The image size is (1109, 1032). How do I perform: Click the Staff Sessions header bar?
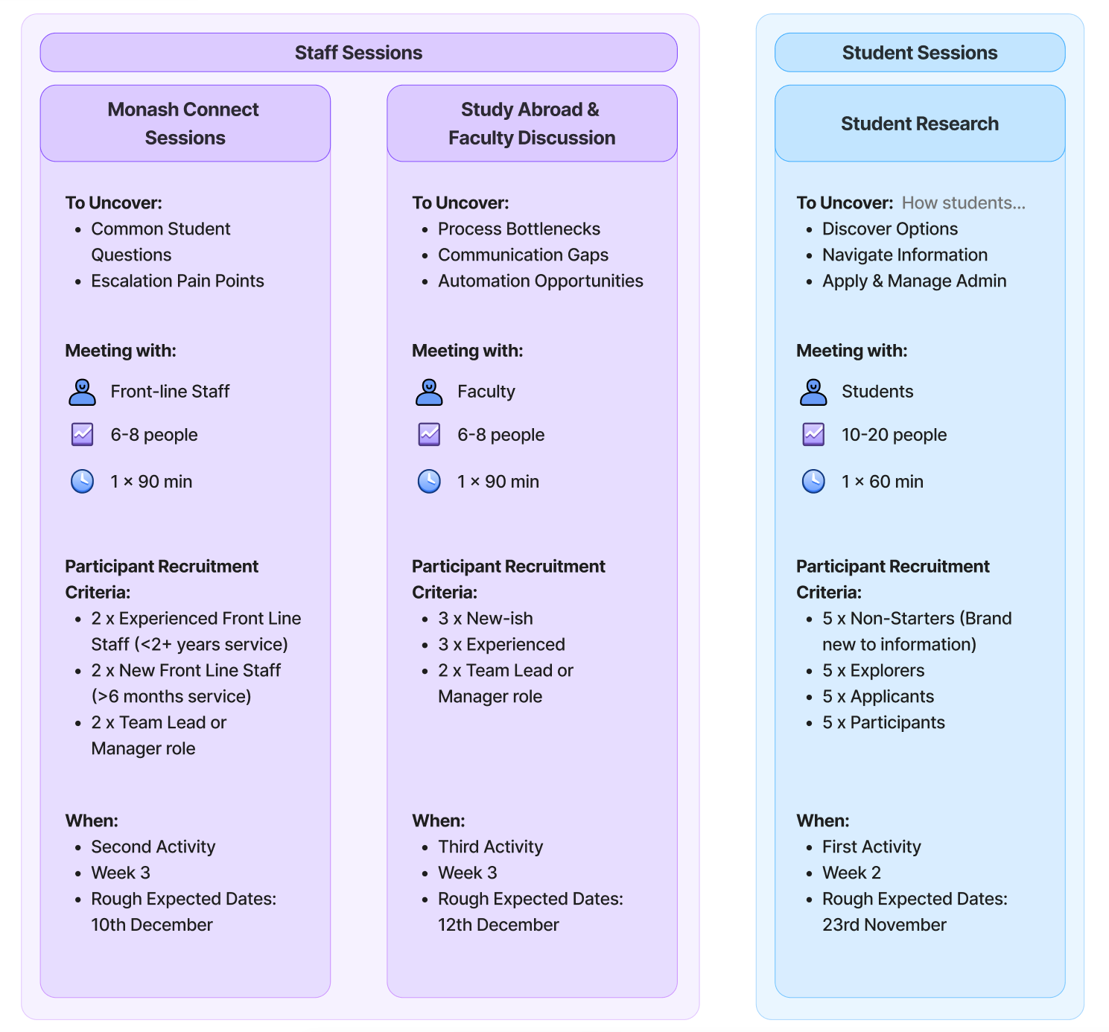coord(358,53)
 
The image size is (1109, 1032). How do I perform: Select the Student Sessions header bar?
coord(920,53)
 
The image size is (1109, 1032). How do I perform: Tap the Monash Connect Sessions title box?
coord(185,124)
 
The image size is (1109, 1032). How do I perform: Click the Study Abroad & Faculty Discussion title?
coord(532,124)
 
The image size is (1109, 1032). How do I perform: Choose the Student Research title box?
coord(920,124)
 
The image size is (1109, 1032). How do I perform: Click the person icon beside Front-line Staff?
coord(82,392)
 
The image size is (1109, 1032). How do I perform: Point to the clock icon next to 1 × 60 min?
coord(813,482)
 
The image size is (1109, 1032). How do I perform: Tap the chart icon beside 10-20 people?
coord(813,435)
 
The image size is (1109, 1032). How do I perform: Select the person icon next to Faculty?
coord(429,392)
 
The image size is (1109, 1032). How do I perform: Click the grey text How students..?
coord(963,203)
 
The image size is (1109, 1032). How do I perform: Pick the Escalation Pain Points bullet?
coord(177,281)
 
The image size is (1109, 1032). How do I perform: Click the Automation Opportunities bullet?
coord(540,281)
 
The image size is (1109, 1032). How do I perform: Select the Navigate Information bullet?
coord(904,255)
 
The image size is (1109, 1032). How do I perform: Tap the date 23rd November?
coord(884,925)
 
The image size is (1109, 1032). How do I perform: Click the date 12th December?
coord(498,925)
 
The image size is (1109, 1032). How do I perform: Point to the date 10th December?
coord(152,925)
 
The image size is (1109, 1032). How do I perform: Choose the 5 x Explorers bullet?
coord(873,670)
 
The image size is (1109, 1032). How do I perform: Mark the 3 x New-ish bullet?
coord(485,618)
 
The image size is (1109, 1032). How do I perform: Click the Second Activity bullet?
coord(153,847)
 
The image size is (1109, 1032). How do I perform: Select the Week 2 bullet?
coord(851,873)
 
